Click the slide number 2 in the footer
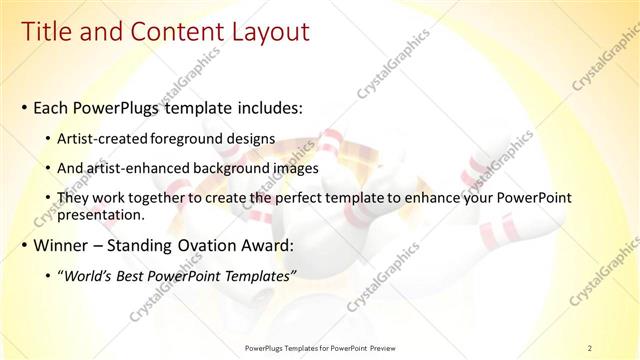tap(589, 347)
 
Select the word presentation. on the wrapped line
tap(102, 214)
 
